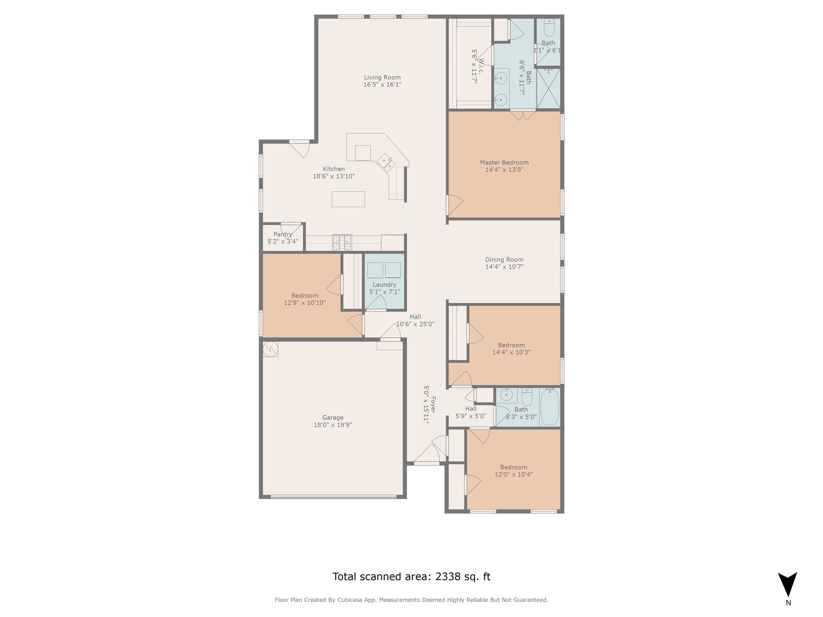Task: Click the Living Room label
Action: (x=382, y=78)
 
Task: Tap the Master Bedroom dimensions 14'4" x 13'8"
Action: (x=504, y=170)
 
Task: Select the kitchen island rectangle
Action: (x=348, y=199)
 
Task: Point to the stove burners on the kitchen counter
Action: (x=342, y=243)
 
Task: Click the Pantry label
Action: (x=283, y=234)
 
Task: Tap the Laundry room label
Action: (x=384, y=285)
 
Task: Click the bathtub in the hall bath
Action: (x=549, y=407)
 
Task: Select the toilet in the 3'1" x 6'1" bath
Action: (x=549, y=28)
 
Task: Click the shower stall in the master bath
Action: (x=548, y=88)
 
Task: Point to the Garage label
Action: (x=333, y=417)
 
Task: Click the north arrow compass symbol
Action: (x=787, y=585)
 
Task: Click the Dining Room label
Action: (x=504, y=259)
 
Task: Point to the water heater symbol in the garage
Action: (x=270, y=349)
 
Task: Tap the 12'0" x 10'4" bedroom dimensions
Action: (x=513, y=474)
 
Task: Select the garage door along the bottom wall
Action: (x=333, y=497)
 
